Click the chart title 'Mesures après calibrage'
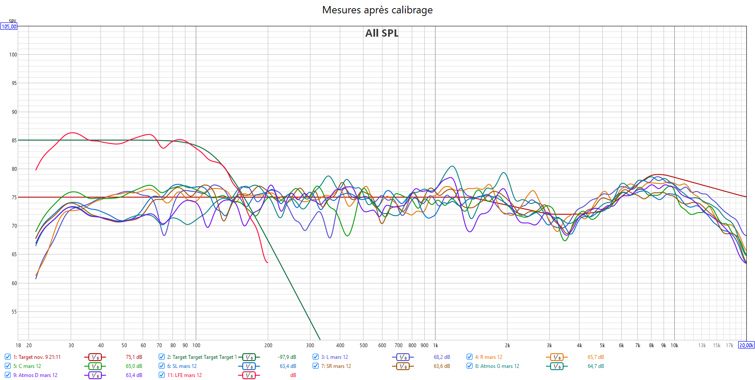[377, 10]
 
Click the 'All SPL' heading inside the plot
[382, 33]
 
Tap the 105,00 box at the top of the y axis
[9, 27]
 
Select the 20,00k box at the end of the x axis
[746, 345]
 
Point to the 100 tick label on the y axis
[13, 55]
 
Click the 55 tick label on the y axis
[14, 312]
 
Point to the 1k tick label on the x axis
[435, 345]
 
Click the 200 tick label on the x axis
[268, 345]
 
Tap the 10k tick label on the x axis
[674, 345]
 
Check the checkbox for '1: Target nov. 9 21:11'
[8, 357]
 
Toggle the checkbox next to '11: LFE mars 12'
[162, 375]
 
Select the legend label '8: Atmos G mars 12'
[497, 366]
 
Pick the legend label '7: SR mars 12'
[336, 366]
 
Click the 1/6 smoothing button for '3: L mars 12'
[403, 357]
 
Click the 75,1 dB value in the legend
[134, 357]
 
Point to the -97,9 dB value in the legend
[287, 357]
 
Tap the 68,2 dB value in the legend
[442, 357]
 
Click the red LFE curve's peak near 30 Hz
[72, 133]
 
